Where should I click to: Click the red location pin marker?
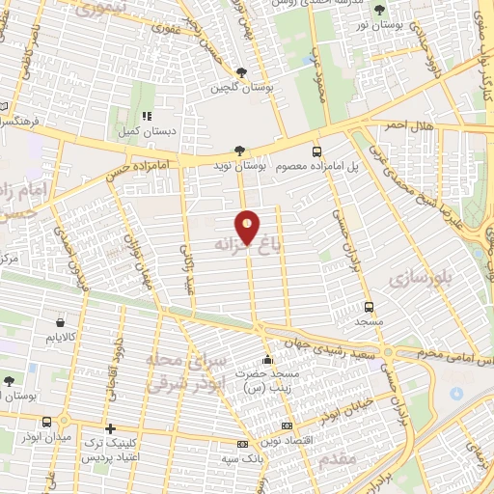coord(248,228)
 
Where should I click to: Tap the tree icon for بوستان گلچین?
coord(240,72)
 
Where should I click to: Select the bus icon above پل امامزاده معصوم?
coord(317,151)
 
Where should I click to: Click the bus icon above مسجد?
coord(369,307)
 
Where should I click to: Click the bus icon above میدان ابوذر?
coord(48,421)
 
